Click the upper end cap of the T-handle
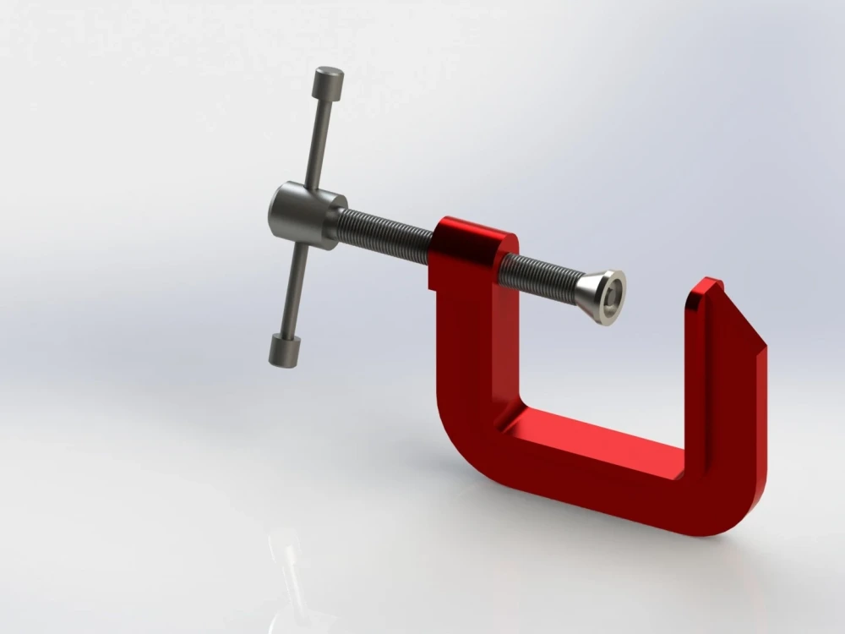click(328, 83)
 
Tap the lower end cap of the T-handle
click(286, 350)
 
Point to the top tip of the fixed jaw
click(710, 284)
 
